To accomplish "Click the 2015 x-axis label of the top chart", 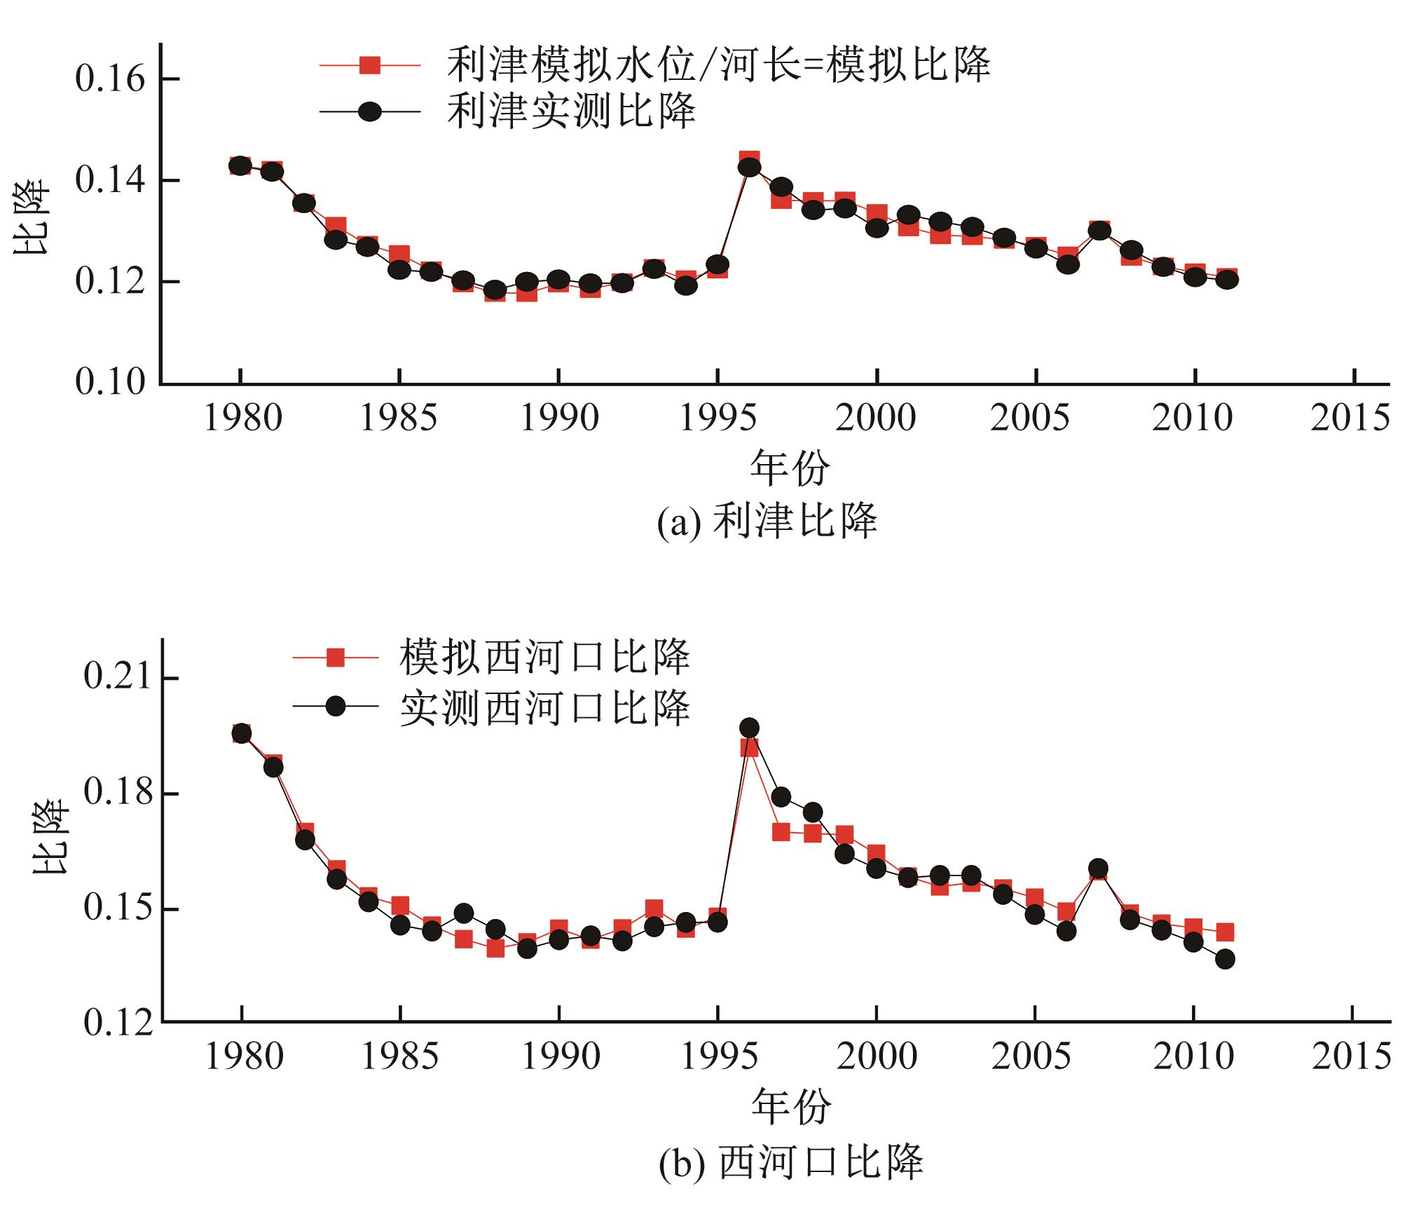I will tap(1350, 418).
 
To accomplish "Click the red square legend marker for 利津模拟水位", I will tap(369, 65).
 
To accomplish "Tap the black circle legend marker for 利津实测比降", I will tap(369, 111).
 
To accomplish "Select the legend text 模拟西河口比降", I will tap(544, 657).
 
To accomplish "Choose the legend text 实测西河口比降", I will tap(544, 707).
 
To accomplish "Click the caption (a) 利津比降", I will tap(767, 522).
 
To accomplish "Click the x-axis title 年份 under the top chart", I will tap(790, 468).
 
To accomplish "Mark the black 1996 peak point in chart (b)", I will tap(749, 728).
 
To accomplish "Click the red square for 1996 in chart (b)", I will tap(749, 748).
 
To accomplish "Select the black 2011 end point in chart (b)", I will tap(1225, 959).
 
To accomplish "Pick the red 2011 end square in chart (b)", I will tap(1225, 932).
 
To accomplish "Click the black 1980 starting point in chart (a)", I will tap(240, 166).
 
